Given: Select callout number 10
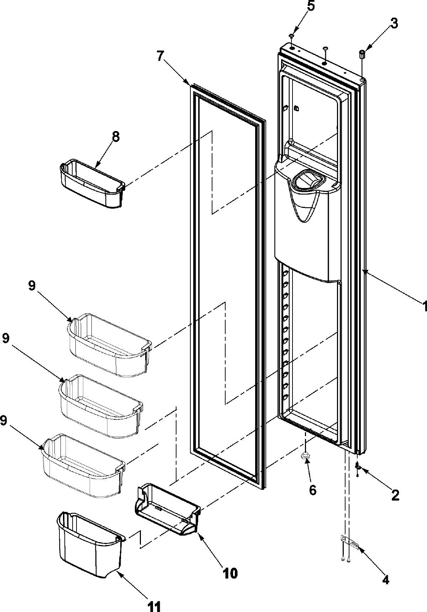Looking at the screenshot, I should click(230, 573).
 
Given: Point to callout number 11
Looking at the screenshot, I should click(154, 606).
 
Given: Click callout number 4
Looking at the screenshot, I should click(386, 580).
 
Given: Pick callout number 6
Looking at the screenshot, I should click(312, 490).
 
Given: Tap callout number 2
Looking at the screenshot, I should click(395, 495).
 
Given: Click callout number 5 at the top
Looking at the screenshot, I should click(311, 7).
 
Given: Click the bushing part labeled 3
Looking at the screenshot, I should click(362, 55).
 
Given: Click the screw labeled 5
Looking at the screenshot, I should click(291, 36).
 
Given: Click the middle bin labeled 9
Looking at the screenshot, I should click(101, 406).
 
